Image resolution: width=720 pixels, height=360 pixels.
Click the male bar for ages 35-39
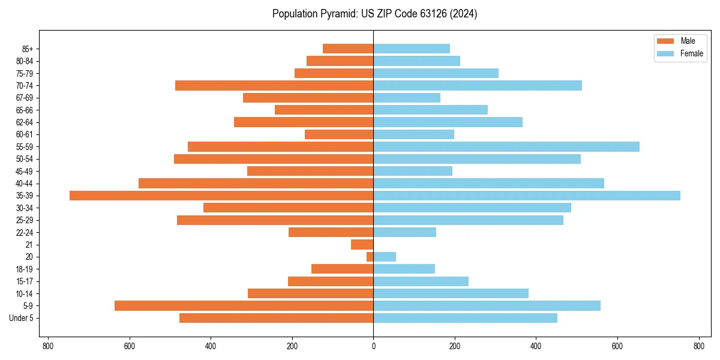[221, 196]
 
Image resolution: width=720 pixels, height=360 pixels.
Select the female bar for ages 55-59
[506, 146]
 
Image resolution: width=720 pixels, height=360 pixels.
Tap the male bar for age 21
[362, 245]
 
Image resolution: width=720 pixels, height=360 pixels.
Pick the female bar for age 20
[385, 257]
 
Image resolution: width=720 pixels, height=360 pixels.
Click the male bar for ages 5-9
[244, 306]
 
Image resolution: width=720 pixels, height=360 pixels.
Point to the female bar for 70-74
[478, 85]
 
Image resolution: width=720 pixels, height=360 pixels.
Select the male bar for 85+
[348, 49]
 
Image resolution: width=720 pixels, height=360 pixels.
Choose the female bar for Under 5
[465, 318]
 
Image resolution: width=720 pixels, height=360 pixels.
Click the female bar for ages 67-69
[407, 98]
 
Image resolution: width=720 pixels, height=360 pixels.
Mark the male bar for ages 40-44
[256, 183]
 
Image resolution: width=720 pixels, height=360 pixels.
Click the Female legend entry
[680, 53]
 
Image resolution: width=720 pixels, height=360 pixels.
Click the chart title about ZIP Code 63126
[374, 14]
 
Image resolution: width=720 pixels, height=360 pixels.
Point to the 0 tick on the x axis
[373, 346]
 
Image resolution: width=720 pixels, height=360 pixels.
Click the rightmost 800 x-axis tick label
[698, 346]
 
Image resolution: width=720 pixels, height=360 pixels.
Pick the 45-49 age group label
[25, 171]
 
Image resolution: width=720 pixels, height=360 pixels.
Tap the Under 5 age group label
[21, 318]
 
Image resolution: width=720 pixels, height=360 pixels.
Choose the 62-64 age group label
[25, 122]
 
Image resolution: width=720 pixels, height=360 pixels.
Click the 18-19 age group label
[25, 269]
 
